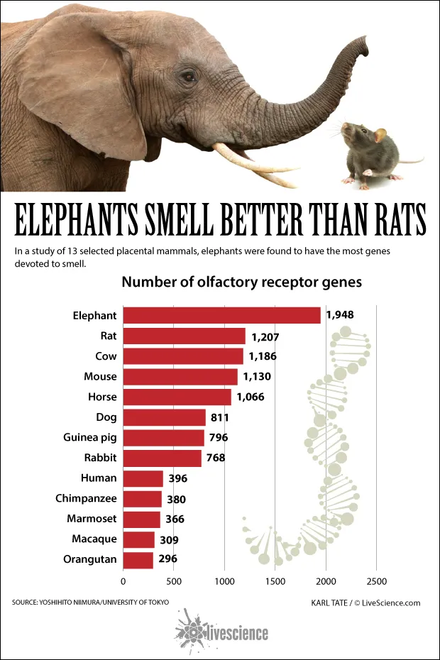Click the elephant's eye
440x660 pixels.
pyautogui.click(x=187, y=76)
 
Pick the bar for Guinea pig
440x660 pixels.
pyautogui.click(x=164, y=437)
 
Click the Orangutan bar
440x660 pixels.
pyautogui.click(x=138, y=559)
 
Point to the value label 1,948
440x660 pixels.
pyautogui.click(x=339, y=315)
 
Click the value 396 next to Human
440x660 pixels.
pyautogui.click(x=177, y=478)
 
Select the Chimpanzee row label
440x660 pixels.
pyautogui.click(x=86, y=498)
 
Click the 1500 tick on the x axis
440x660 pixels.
pyautogui.click(x=275, y=581)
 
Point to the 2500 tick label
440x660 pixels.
pyautogui.click(x=376, y=581)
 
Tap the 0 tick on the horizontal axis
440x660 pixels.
pyautogui.click(x=123, y=581)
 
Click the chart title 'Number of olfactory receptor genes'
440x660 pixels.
pyautogui.click(x=241, y=282)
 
